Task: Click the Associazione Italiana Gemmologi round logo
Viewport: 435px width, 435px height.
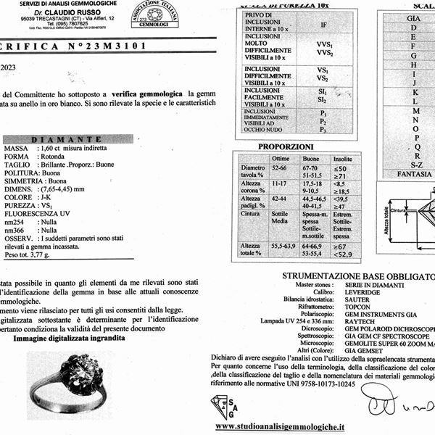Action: click(x=154, y=14)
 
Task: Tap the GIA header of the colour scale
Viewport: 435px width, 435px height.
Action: click(x=414, y=17)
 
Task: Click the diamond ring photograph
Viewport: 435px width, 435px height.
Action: click(x=71, y=374)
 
